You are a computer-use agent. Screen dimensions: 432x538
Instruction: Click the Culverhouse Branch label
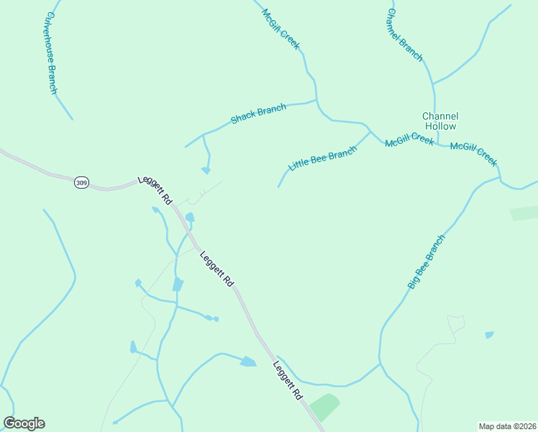coord(52,52)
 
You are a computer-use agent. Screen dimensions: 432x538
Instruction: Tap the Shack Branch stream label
coord(258,114)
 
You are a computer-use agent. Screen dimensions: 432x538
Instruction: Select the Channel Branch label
coord(405,35)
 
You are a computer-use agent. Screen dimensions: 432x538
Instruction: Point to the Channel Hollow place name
coord(440,121)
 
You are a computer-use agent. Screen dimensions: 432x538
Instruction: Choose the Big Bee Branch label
coord(427,262)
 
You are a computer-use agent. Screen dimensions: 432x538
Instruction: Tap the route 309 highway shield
coord(81,184)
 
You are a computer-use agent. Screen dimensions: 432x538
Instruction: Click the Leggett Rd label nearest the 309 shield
coord(156,190)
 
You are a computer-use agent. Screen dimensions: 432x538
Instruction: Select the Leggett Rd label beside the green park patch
coord(288,382)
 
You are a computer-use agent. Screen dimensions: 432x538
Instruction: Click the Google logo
coord(24,423)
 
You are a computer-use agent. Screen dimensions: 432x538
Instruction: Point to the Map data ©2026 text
coord(506,426)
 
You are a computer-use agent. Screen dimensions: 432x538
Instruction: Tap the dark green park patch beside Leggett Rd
coord(324,408)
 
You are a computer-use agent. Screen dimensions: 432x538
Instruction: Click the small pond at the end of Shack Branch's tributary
coord(206,171)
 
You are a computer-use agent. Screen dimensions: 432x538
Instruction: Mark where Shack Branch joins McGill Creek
coord(316,101)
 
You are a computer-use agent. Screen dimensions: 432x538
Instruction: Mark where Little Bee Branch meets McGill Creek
coord(370,132)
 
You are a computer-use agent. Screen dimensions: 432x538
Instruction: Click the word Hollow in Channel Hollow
coord(440,126)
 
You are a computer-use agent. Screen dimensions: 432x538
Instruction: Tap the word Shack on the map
coord(242,117)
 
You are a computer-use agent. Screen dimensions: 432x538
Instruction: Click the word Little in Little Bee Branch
coord(299,165)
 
